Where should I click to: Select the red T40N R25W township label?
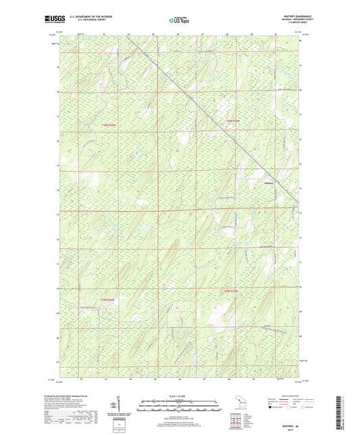232,120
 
